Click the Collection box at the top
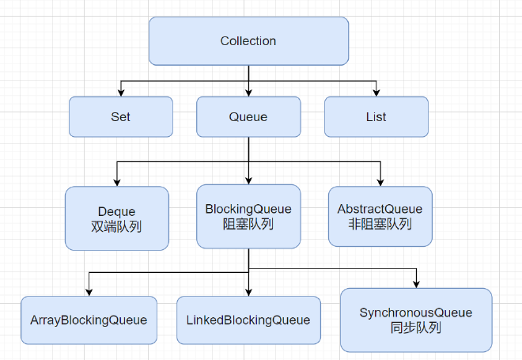point(248,41)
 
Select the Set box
point(120,116)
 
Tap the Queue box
point(248,116)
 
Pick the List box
point(376,116)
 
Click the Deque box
point(116,218)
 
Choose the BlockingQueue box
point(248,217)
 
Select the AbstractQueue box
point(380,217)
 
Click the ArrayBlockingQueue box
point(89,320)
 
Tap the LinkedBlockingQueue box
point(248,320)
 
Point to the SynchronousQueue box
point(416,320)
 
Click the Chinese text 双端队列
point(116,226)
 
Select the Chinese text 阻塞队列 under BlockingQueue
point(248,224)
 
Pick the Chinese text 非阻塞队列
point(380,224)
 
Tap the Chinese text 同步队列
point(416,328)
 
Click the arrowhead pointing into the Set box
point(120,92)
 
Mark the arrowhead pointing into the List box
point(376,92)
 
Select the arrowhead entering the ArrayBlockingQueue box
point(89,291)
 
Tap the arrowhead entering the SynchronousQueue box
point(417,283)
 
